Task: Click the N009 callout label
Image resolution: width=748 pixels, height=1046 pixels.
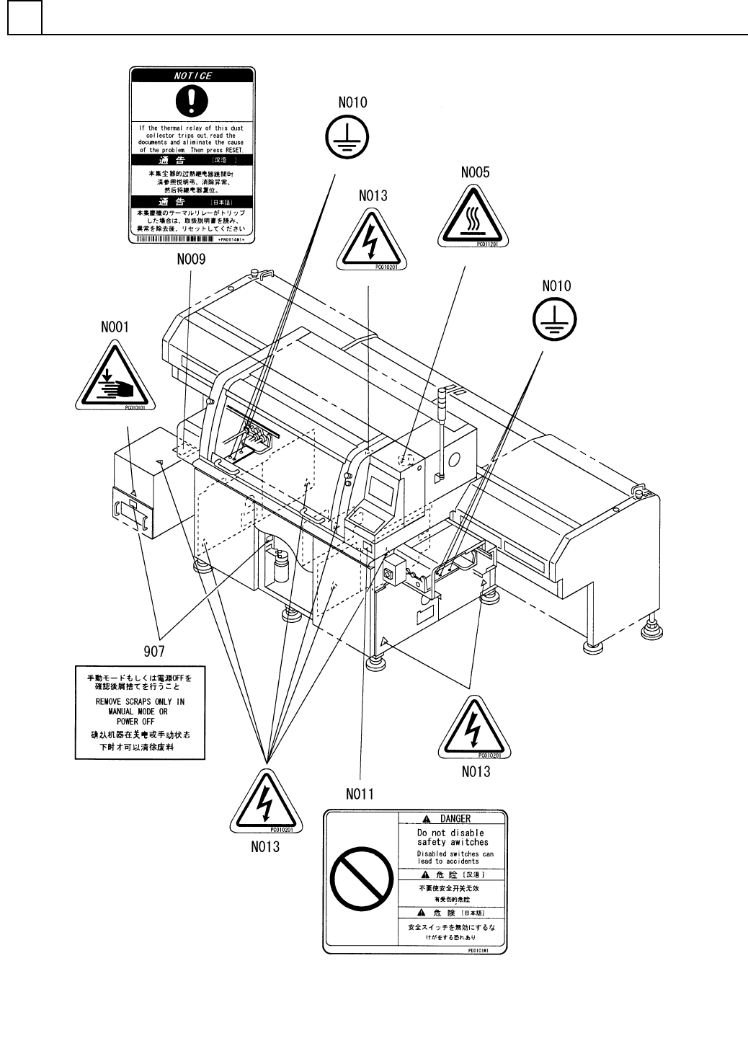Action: (x=191, y=259)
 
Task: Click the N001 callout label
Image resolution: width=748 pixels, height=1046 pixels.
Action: (x=114, y=327)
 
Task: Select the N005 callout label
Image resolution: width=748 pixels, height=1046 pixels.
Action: (x=476, y=173)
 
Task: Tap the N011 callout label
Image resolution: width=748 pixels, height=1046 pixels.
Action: (x=360, y=794)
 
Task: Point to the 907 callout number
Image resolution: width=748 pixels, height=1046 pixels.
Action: (x=153, y=652)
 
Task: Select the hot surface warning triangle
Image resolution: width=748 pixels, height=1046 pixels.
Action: (x=473, y=218)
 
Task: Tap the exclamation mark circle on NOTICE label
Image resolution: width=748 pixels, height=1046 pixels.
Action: (x=192, y=102)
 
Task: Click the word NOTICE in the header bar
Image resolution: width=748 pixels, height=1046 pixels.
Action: (x=192, y=76)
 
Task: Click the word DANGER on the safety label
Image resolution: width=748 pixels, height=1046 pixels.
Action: (x=455, y=818)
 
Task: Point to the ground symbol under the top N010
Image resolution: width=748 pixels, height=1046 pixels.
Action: (x=346, y=137)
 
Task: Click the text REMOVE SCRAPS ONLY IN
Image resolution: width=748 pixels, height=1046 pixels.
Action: (x=140, y=701)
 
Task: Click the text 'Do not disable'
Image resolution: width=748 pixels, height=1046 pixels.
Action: (x=450, y=833)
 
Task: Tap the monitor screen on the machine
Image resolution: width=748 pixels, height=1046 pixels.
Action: (x=382, y=493)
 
